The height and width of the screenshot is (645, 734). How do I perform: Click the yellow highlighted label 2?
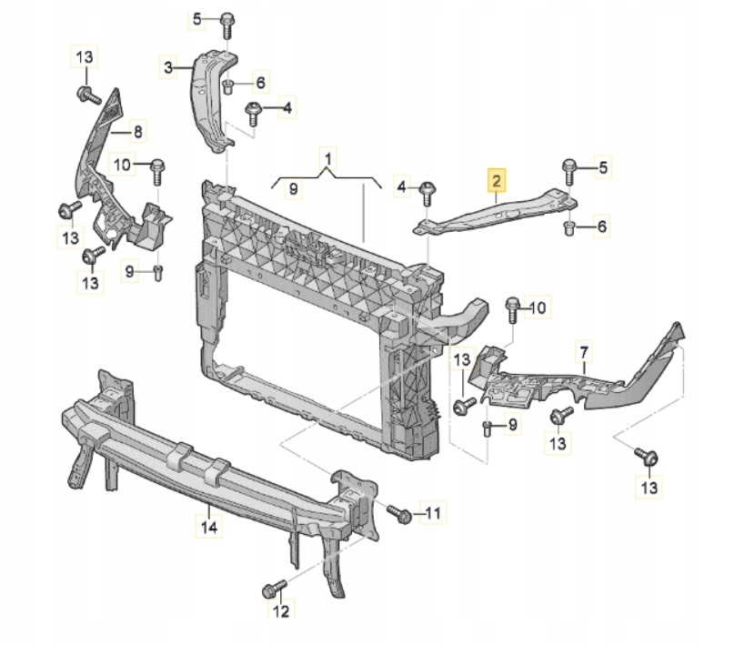point(496,182)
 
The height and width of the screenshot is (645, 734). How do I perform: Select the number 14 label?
point(209,526)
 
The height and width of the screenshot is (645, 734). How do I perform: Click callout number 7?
point(585,351)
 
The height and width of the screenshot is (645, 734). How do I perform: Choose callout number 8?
point(138,133)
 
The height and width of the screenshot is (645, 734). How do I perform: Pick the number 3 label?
point(168,66)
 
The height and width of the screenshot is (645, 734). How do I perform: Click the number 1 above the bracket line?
point(328,158)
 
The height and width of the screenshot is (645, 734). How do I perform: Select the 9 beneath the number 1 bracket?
point(293,188)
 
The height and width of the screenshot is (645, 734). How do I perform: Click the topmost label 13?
point(84,58)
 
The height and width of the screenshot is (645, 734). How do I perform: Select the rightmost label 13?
point(648,489)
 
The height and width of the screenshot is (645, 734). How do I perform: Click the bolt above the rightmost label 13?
point(649,457)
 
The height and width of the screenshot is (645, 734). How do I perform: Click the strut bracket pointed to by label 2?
point(491,211)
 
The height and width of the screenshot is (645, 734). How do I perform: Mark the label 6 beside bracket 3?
point(260,84)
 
